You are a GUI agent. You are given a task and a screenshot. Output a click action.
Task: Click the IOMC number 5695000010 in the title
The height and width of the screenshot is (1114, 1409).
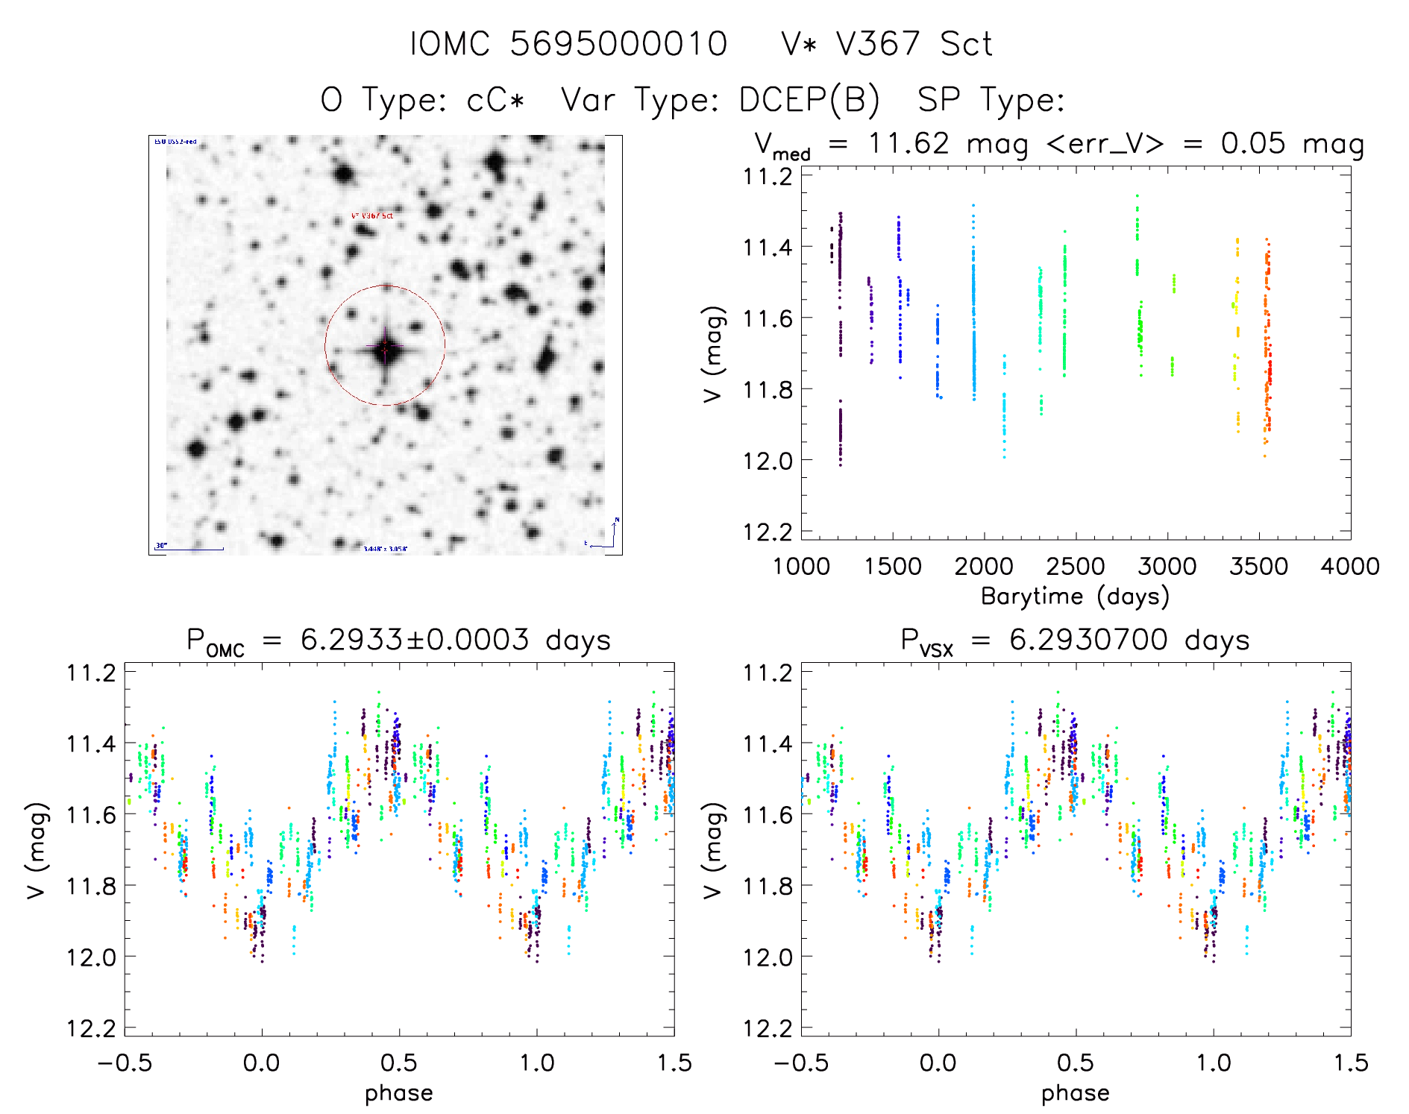(x=618, y=44)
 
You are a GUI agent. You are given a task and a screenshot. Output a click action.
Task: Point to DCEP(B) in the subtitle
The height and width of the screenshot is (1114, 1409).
(x=809, y=100)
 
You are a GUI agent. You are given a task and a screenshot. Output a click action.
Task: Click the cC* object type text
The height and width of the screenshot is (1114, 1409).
(x=496, y=100)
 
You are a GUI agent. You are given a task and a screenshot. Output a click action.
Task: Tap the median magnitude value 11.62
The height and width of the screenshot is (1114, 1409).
(x=909, y=143)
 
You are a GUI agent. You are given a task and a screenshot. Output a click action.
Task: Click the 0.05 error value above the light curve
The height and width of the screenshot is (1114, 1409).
(x=1253, y=143)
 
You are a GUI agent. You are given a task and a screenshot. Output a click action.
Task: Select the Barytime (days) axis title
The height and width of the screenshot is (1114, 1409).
(x=1075, y=597)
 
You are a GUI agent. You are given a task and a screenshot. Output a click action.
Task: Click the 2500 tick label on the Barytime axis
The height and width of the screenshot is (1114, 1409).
(x=1075, y=567)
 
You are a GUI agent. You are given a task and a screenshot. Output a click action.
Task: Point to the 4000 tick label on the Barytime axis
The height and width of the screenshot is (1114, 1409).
(x=1349, y=567)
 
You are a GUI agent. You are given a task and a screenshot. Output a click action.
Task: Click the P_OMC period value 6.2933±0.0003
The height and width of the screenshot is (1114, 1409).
(x=415, y=640)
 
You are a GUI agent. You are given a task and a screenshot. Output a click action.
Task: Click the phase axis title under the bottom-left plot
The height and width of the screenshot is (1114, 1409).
(x=398, y=1093)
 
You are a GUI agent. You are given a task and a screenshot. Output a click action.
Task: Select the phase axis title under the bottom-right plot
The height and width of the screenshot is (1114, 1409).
(x=1075, y=1093)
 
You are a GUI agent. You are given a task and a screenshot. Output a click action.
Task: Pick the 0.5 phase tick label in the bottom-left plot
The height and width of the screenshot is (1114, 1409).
(x=398, y=1063)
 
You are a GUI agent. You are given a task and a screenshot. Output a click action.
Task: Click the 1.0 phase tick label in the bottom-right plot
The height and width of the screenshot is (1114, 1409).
(x=1213, y=1063)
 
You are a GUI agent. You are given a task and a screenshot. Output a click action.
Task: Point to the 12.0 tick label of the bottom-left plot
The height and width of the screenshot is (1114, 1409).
(x=91, y=957)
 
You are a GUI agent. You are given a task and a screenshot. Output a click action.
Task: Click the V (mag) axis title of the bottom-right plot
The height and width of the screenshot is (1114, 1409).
(x=714, y=850)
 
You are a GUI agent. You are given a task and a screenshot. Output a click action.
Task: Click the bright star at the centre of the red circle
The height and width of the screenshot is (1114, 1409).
(x=385, y=348)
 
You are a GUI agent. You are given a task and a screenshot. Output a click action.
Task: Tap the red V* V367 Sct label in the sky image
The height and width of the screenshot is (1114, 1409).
(x=371, y=215)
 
